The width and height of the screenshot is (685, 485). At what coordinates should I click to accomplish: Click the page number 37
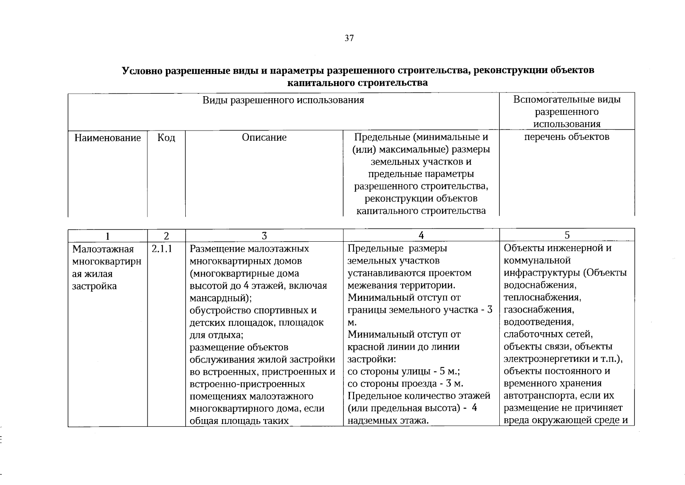[x=349, y=38]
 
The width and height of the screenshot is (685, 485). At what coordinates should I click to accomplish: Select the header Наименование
[x=108, y=138]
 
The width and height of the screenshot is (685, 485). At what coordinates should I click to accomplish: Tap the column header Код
[x=166, y=138]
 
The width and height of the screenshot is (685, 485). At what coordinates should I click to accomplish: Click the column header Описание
[x=264, y=137]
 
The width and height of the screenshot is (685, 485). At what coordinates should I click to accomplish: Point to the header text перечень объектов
[x=566, y=137]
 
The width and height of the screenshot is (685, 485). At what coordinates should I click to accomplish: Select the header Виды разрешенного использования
[x=283, y=100]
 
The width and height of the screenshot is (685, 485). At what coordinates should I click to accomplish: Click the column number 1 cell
[x=107, y=236]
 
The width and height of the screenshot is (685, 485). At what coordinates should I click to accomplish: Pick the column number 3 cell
[x=264, y=236]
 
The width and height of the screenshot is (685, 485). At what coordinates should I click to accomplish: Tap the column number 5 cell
[x=567, y=235]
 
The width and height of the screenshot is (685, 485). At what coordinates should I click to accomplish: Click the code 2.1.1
[x=162, y=249]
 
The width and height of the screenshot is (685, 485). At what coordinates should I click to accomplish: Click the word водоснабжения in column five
[x=540, y=285]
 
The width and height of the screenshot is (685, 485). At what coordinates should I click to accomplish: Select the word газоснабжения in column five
[x=539, y=310]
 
